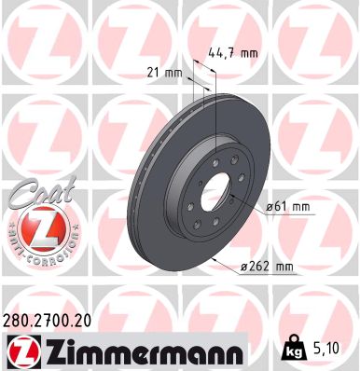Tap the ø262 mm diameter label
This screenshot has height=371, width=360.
point(269,268)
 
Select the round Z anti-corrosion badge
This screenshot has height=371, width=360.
point(31,227)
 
